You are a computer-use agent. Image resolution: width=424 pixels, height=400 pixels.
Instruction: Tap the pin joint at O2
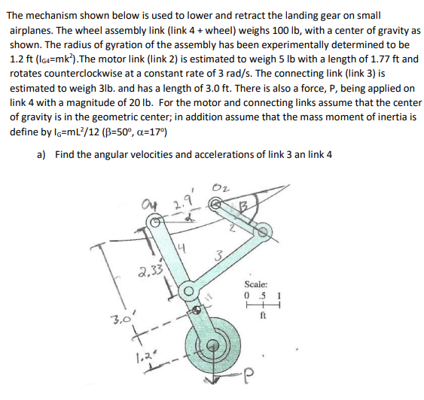pos(215,204)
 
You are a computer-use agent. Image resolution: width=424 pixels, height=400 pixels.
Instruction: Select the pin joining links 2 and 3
pos(263,232)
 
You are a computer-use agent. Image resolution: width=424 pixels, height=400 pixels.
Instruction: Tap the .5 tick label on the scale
pos(262,295)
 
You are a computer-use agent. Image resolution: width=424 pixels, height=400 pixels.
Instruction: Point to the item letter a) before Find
pos(41,154)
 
